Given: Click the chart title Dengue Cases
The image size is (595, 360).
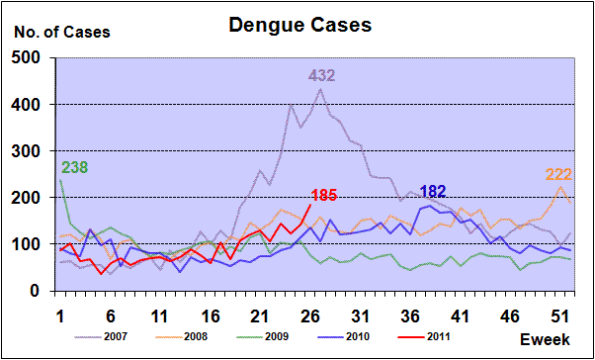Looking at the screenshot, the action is tap(300, 26).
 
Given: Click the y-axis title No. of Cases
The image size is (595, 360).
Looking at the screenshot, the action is tap(62, 33).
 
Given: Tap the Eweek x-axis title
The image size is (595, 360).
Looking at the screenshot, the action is tap(545, 339).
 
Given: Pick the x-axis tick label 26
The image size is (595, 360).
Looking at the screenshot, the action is tap(310, 316).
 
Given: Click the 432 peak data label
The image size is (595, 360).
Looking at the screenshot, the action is tap(321, 76).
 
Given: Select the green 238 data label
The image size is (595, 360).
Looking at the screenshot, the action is tap(74, 167).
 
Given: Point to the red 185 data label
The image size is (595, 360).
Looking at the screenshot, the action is tap(323, 196).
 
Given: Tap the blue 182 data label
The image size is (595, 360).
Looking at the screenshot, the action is tap(433, 192).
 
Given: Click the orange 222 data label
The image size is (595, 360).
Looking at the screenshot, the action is tap(558, 175).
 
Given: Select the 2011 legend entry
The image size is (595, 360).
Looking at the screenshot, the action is tap(424, 336).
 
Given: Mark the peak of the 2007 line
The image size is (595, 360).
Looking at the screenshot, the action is tap(320, 89).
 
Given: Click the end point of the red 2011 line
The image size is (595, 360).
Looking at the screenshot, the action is tap(310, 205).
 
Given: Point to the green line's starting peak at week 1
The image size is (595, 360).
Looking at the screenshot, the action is tap(60, 180).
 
